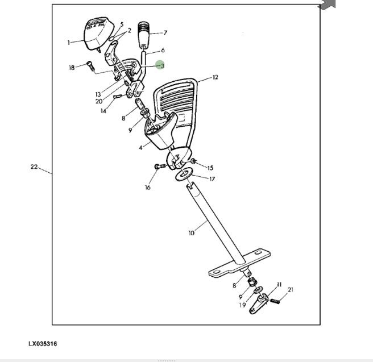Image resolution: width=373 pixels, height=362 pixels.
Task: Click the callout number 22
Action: coord(34,167)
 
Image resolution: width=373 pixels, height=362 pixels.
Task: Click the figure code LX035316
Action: coord(43,344)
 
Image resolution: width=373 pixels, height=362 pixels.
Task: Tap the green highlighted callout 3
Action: coord(160,66)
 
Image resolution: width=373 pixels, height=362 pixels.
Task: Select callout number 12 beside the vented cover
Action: coord(215,77)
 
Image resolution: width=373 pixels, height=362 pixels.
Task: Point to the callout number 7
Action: coord(165,32)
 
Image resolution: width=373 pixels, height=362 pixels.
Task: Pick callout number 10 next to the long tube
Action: coord(191,232)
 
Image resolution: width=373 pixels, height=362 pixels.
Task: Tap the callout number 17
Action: coord(212,178)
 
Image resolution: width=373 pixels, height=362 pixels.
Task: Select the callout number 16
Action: coord(148,187)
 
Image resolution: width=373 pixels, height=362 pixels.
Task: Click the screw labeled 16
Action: coord(159,167)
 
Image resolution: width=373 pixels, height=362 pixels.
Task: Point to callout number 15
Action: coord(210,168)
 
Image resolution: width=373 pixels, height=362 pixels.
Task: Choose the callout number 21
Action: coord(291,290)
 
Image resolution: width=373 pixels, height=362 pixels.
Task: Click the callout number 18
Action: coord(72,68)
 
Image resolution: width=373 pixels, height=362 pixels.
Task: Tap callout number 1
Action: coord(69,42)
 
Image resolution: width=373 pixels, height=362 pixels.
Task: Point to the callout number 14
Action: coord(103,111)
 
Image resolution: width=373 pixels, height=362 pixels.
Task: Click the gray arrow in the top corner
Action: coord(327,5)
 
